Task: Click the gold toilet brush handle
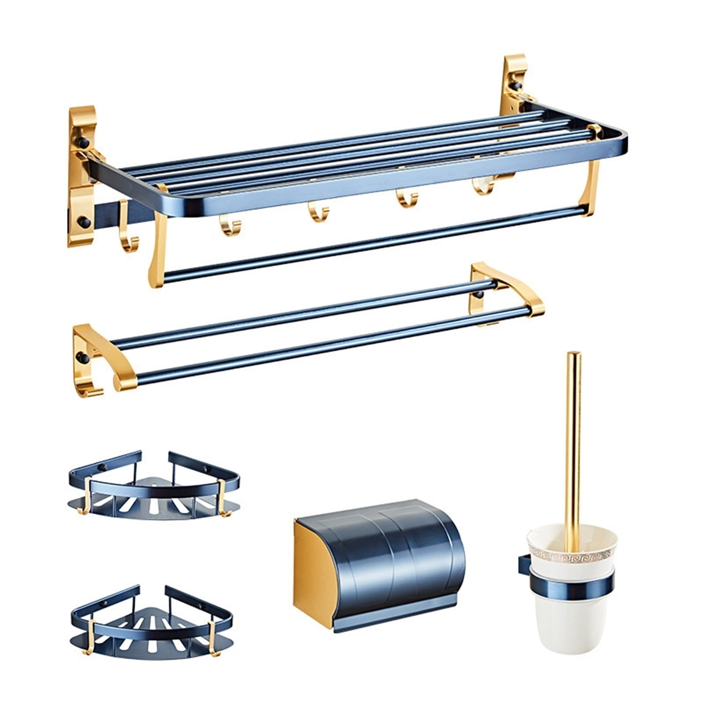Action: tap(573, 439)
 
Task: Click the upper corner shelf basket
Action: tap(154, 487)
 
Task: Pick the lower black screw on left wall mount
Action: tap(84, 222)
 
